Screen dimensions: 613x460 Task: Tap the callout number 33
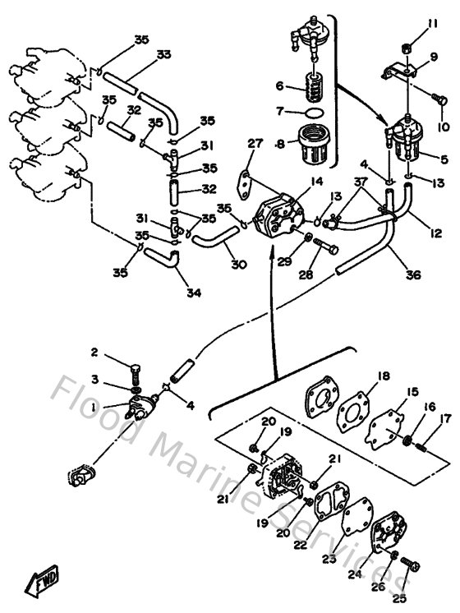click(163, 54)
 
